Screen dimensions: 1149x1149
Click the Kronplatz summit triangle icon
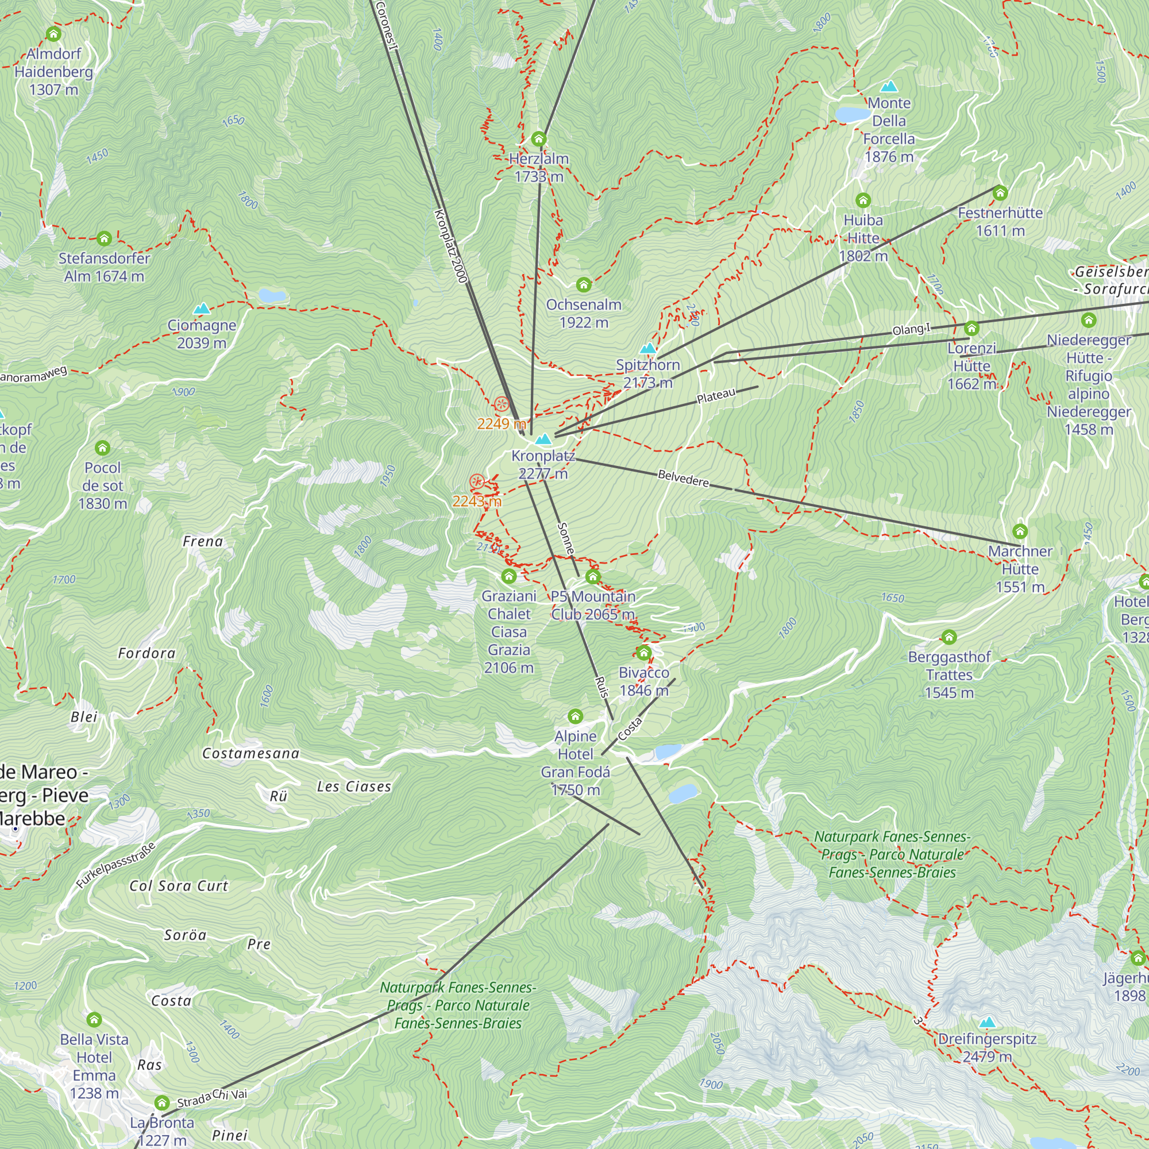(542, 439)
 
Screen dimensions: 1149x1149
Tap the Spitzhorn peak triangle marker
(647, 348)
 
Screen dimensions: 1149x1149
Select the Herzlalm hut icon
(539, 139)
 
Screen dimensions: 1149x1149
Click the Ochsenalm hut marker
(584, 285)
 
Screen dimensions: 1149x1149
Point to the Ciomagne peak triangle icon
(202, 309)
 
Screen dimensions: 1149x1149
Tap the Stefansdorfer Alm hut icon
(104, 239)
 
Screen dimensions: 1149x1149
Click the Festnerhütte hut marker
(1000, 192)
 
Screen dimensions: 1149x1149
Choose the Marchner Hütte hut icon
(1020, 531)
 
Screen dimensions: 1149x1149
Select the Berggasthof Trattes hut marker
(948, 638)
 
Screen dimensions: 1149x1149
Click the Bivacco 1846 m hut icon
(643, 653)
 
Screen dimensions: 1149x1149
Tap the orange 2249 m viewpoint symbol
(502, 404)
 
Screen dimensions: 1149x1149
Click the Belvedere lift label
(683, 478)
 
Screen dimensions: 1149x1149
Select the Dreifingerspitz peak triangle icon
(987, 1023)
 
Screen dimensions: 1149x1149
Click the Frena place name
(203, 541)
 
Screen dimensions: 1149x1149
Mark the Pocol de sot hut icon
(102, 448)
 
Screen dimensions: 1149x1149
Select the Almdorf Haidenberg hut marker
(53, 34)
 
